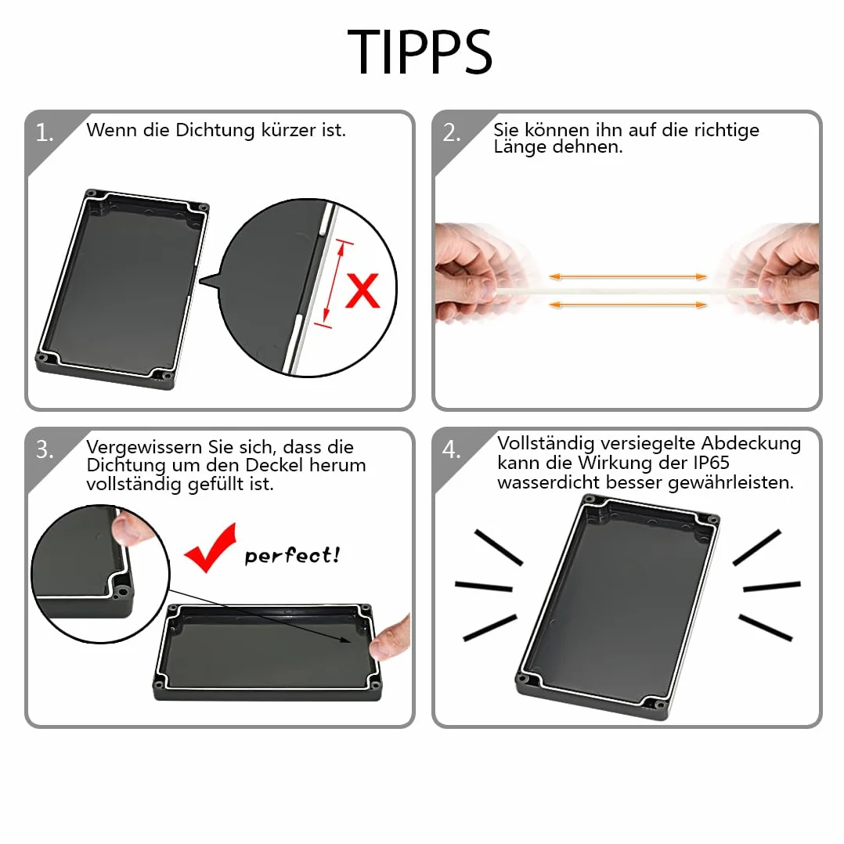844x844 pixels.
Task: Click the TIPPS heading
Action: pos(420,52)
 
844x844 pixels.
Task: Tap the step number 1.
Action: pos(44,132)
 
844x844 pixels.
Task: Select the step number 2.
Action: pos(452,132)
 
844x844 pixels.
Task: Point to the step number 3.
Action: pos(44,449)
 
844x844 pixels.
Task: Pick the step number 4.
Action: pos(452,449)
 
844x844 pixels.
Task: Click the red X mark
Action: pos(362,290)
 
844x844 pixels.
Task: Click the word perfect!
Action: pos(292,555)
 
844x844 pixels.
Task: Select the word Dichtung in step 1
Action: pos(215,131)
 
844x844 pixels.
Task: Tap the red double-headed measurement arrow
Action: pos(334,283)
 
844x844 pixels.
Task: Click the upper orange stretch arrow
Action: pos(628,276)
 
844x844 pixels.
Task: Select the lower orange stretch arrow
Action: pos(628,305)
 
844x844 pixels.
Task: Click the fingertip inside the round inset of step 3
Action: pos(128,529)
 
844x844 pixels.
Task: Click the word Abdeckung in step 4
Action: pos(751,444)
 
